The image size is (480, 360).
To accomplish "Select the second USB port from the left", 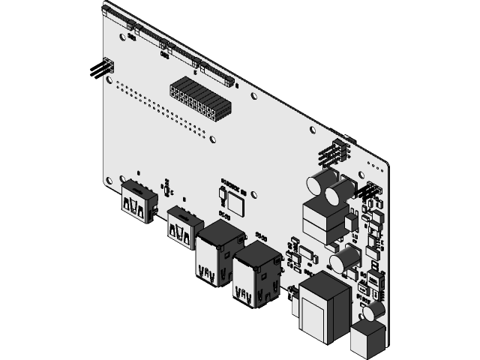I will (x=183, y=226).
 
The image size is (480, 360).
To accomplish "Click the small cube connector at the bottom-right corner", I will (x=367, y=338).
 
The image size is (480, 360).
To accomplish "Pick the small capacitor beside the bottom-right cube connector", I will (x=374, y=310).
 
